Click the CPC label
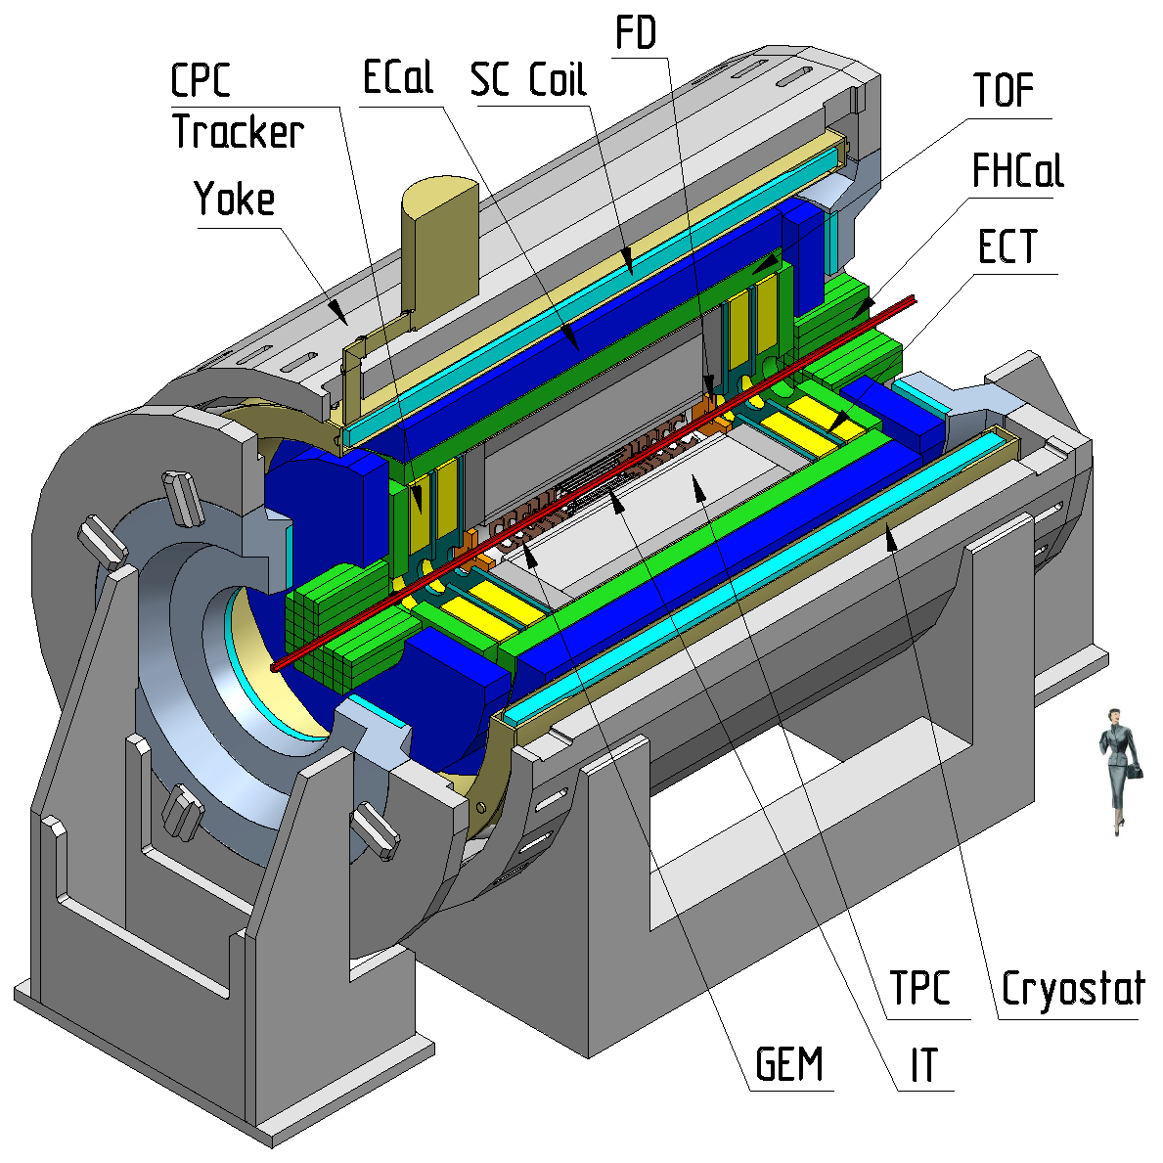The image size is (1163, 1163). [x=201, y=80]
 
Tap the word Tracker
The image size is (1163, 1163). [x=238, y=132]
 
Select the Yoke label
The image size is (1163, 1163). [x=235, y=199]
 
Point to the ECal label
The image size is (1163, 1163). [x=397, y=77]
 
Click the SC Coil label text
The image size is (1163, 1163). [x=529, y=79]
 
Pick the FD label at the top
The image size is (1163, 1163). [x=637, y=32]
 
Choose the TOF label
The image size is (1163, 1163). [x=1004, y=91]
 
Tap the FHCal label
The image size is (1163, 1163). [x=1017, y=170]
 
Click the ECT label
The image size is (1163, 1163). [x=1006, y=246]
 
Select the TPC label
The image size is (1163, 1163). [x=919, y=988]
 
